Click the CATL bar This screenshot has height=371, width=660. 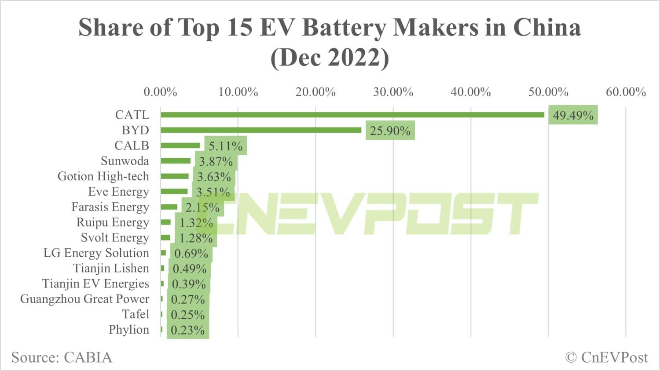click(x=352, y=115)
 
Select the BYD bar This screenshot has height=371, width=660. click(x=260, y=130)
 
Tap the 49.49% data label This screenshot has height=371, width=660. click(x=573, y=115)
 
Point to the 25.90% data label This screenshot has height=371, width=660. click(x=390, y=131)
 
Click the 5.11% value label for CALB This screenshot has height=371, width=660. click(x=225, y=146)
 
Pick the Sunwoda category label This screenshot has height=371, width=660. click(x=125, y=161)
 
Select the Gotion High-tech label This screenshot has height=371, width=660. click(x=103, y=176)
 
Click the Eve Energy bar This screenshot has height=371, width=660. click(x=174, y=192)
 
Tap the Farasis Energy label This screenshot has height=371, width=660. click(x=110, y=207)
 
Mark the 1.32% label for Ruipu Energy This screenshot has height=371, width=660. click(x=196, y=223)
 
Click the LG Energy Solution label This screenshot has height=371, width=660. click(x=96, y=253)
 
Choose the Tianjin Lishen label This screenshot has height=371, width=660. click(x=111, y=268)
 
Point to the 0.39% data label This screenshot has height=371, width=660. click(x=189, y=284)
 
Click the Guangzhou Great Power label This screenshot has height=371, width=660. click(x=84, y=299)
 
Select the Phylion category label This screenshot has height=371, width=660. click(x=129, y=330)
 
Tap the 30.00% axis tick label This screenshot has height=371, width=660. click(x=393, y=92)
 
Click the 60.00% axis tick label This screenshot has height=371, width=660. click(x=626, y=92)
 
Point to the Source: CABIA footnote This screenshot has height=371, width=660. click(x=62, y=357)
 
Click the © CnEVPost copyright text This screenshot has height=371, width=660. click(x=606, y=357)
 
